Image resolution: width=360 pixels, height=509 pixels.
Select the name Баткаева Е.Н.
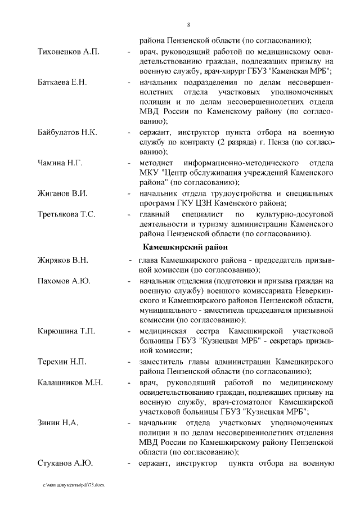tap(62, 83)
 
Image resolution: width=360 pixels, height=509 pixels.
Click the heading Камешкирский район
tap(186, 246)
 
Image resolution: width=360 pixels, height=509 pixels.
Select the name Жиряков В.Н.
tap(63, 260)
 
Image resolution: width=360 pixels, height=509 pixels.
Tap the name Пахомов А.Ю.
tap(64, 281)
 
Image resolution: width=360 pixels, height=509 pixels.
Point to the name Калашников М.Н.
tap(70, 382)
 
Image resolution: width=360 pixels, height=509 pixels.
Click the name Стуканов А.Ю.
tap(65, 463)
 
